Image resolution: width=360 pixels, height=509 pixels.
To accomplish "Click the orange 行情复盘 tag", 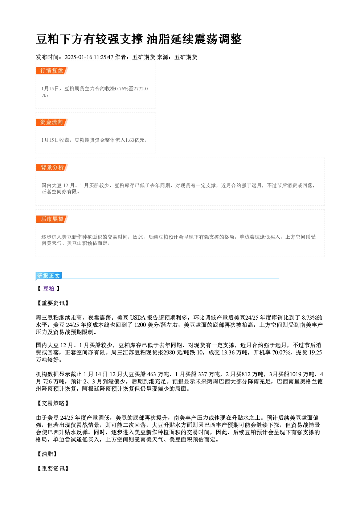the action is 52,71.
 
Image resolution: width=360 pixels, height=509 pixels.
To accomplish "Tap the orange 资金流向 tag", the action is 52,122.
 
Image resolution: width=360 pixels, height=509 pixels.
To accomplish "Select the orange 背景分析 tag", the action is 52,168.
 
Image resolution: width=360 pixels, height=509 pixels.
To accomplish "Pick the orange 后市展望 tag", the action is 52,219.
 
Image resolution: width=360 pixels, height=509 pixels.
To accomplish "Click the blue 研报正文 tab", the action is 49,275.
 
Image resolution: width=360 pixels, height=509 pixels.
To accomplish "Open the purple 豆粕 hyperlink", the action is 49,288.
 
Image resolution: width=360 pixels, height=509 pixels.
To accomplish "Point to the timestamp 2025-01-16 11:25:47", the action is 89,57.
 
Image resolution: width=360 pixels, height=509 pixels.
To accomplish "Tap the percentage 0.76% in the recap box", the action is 122,89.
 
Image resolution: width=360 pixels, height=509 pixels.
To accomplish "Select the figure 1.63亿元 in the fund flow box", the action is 135,140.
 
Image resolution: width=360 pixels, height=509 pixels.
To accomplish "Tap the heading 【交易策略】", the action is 53,403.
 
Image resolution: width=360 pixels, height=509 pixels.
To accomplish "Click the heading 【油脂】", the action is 47,454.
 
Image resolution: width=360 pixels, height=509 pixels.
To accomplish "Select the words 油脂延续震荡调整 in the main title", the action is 194,39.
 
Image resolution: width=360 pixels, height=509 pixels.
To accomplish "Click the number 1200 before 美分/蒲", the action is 140,325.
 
